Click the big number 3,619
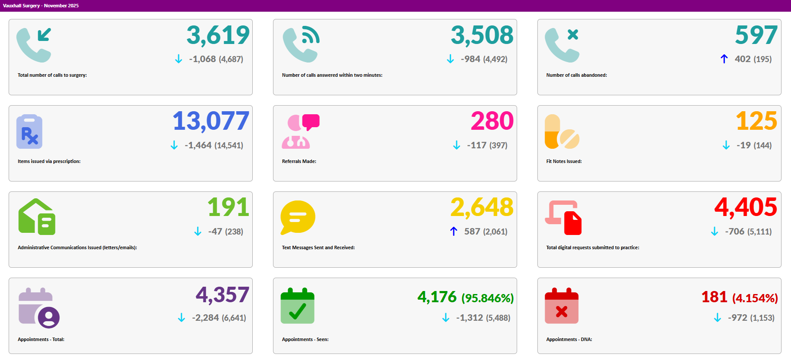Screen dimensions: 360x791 click(x=218, y=35)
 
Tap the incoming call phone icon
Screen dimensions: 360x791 click(x=34, y=45)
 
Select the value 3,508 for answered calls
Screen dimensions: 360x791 click(x=482, y=35)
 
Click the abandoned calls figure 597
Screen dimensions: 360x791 click(x=756, y=35)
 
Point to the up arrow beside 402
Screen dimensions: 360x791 click(x=724, y=59)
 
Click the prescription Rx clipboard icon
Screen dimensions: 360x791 click(x=29, y=131)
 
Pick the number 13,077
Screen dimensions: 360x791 click(x=211, y=121)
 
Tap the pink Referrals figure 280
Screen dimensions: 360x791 click(x=492, y=121)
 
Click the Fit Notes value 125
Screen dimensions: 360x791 click(x=756, y=121)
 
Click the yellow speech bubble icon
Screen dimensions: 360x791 click(x=298, y=217)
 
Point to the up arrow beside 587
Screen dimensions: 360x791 click(x=454, y=232)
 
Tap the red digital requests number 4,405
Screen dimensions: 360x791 click(x=746, y=207)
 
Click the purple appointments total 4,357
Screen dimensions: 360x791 click(x=223, y=295)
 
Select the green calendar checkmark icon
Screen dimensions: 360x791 click(x=297, y=306)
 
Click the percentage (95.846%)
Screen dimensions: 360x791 click(x=487, y=298)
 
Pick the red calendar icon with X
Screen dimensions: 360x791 click(x=562, y=306)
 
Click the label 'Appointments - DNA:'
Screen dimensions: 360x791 click(x=569, y=339)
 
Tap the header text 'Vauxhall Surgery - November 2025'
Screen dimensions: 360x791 click(x=41, y=6)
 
